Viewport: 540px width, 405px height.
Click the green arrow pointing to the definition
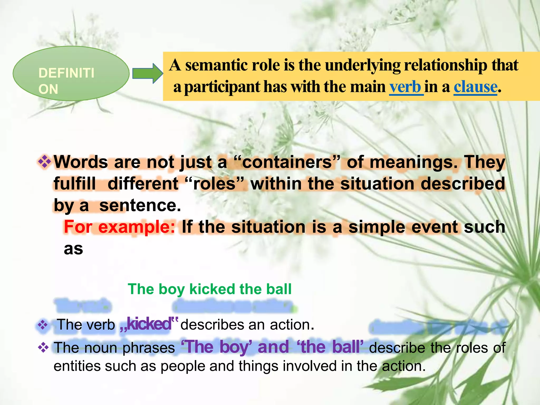(147, 73)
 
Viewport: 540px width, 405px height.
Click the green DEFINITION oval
(71, 73)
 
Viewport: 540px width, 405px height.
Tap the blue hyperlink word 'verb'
(405, 87)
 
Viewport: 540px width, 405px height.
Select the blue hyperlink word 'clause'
(475, 87)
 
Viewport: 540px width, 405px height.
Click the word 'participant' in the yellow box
(222, 87)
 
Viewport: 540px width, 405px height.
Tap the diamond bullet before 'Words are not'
(45, 162)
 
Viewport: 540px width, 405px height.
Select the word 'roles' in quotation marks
(214, 184)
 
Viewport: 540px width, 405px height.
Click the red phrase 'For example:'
(119, 227)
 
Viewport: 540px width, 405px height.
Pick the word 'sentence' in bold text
(140, 205)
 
